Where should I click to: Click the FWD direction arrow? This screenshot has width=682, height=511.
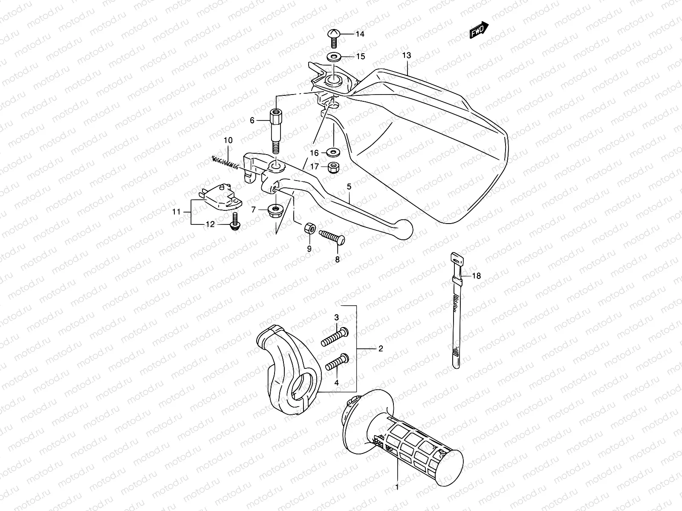[479, 31]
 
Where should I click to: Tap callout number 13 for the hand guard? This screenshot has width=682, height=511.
[406, 55]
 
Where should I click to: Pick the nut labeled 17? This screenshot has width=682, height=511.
[333, 168]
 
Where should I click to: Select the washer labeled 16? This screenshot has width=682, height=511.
[333, 152]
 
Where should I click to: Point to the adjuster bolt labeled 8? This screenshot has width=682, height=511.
[332, 236]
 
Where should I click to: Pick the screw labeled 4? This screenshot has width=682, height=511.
[337, 362]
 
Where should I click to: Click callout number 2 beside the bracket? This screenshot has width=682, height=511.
[380, 349]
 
